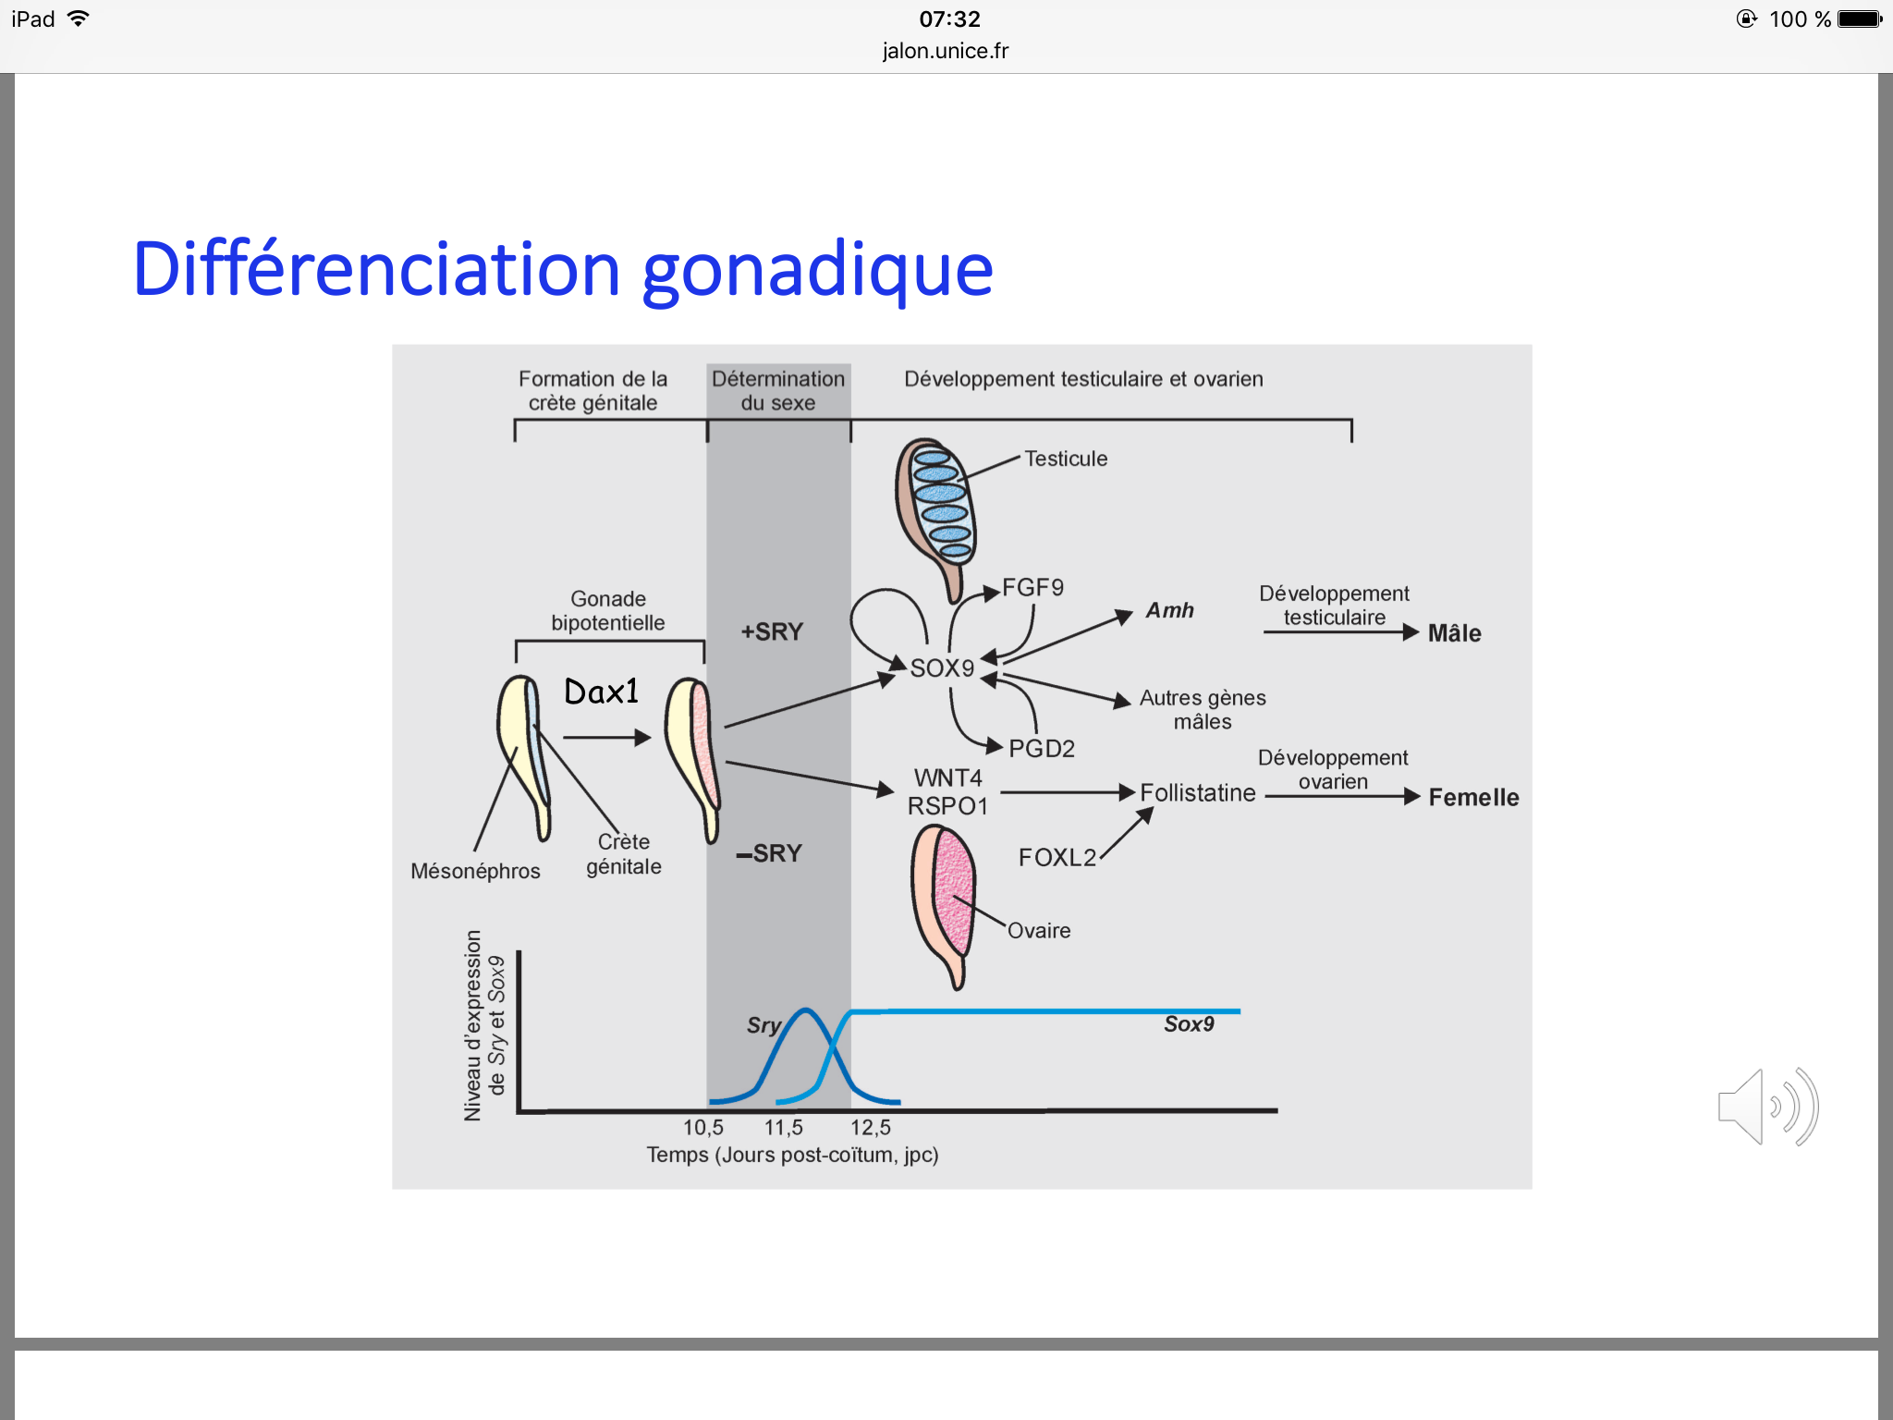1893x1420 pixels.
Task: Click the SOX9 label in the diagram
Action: (x=942, y=667)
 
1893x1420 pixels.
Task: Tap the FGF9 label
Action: (x=1032, y=587)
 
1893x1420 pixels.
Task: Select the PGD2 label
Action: (x=1042, y=748)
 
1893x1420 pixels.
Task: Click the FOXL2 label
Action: (x=1056, y=857)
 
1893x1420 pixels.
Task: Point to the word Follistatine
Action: (x=1197, y=792)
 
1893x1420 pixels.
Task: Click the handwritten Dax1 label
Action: (x=601, y=691)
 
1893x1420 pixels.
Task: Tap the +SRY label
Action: (x=772, y=631)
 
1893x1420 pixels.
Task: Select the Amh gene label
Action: (x=1169, y=610)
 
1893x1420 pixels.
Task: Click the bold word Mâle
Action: (x=1454, y=633)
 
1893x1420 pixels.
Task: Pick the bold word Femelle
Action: (x=1473, y=797)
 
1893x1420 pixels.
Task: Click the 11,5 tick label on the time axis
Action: (x=783, y=1127)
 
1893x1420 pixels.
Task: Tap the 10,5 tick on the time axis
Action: (x=702, y=1127)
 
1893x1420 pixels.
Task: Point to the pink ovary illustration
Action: (x=945, y=897)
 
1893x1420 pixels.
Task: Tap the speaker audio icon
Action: (x=1766, y=1107)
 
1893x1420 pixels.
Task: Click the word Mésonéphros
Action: (x=475, y=871)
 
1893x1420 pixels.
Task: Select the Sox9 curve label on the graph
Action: (x=1189, y=1023)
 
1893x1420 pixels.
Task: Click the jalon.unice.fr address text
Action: (x=946, y=51)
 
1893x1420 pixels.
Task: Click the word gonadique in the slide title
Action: (x=817, y=270)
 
